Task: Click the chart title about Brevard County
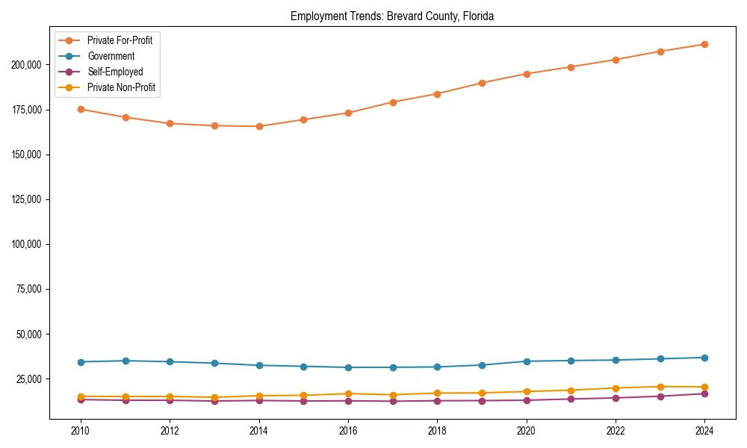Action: point(392,16)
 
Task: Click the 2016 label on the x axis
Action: point(348,431)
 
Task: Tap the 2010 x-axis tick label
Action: point(81,431)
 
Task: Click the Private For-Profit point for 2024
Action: point(704,44)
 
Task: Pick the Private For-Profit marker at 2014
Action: point(259,126)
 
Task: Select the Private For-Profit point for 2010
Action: point(81,109)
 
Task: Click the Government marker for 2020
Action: point(527,361)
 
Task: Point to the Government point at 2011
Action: point(125,361)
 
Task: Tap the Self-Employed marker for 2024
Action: point(704,393)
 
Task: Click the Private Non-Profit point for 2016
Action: point(348,393)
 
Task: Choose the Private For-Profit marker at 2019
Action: point(482,83)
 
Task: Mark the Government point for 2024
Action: point(704,358)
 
